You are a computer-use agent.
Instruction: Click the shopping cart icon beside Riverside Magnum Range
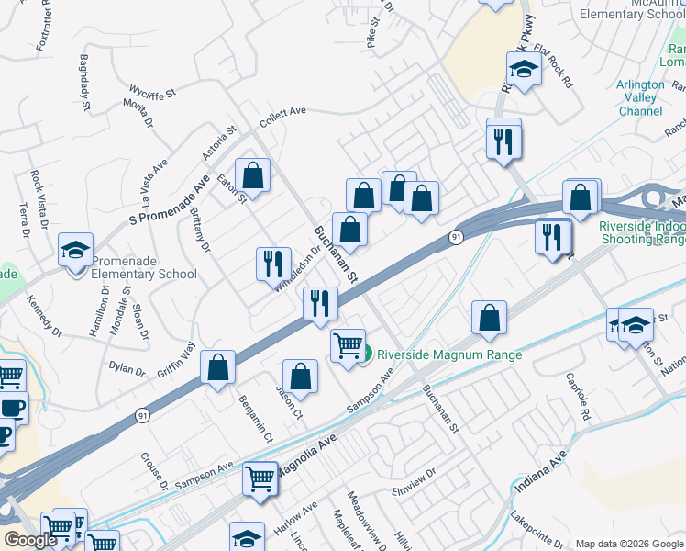coord(348,346)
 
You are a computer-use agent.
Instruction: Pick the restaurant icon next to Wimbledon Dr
coord(272,264)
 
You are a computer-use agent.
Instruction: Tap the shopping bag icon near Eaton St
coord(252,175)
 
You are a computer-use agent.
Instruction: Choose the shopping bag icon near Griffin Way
coord(218,368)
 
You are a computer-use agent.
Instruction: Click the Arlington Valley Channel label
coord(640,97)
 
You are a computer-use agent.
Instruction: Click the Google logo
coord(29,541)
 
